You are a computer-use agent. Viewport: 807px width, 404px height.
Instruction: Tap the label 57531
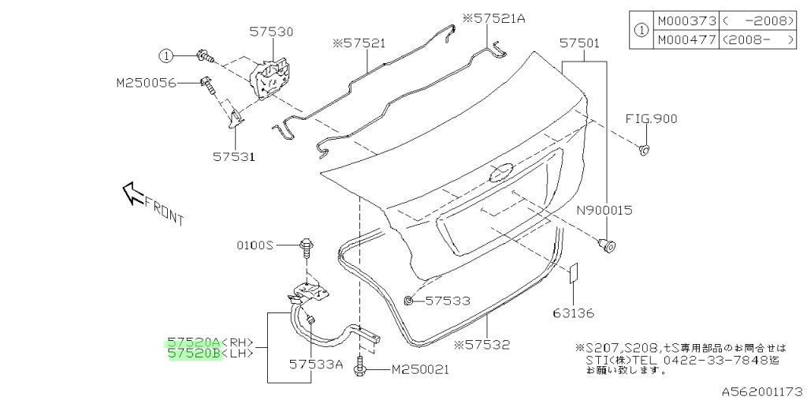(234, 155)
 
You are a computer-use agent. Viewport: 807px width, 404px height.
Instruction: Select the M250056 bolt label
(147, 82)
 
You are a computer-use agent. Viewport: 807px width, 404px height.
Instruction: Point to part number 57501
(579, 43)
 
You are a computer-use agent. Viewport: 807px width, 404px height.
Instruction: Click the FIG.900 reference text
(651, 118)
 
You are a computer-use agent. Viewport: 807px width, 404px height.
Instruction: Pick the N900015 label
(604, 210)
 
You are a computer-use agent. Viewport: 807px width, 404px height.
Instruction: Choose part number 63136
(574, 312)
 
